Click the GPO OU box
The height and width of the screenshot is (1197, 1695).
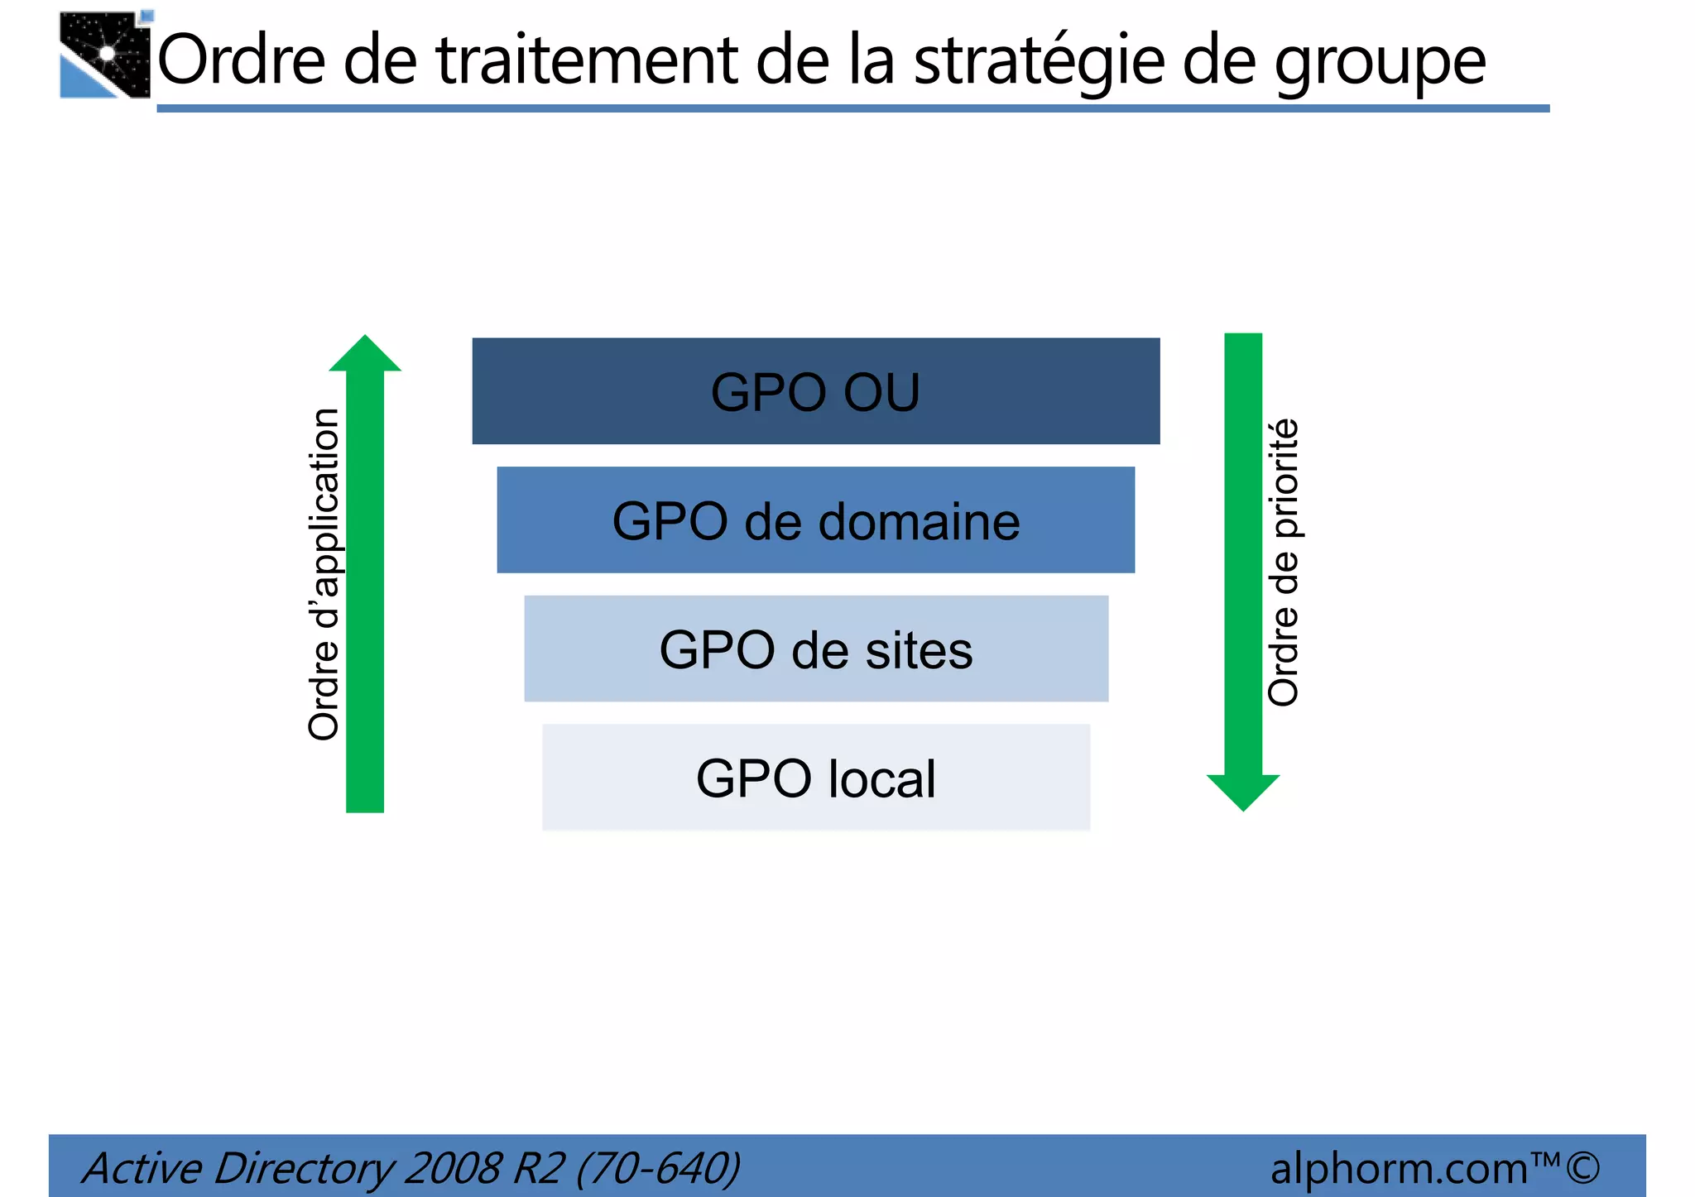pos(815,390)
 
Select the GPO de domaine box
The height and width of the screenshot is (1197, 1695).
pos(815,519)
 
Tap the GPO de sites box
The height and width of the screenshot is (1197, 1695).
pos(815,649)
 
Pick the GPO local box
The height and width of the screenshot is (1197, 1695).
pos(815,778)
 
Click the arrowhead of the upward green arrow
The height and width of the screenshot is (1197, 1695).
pos(365,354)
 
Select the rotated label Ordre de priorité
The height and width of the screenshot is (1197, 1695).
pos(1284,563)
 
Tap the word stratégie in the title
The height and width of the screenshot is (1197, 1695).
pos(1038,61)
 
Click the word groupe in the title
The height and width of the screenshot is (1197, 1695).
pos(1379,63)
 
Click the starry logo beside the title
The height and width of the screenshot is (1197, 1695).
pos(105,55)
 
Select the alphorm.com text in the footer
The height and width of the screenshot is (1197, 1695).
pos(1399,1168)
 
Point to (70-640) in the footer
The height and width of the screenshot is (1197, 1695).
pos(658,1168)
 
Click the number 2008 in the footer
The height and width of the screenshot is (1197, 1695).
pos(453,1168)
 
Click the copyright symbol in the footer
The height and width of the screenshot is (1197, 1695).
pos(1582,1168)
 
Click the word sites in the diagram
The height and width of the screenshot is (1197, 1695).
pos(919,650)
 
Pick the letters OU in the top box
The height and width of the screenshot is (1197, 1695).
pos(881,392)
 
